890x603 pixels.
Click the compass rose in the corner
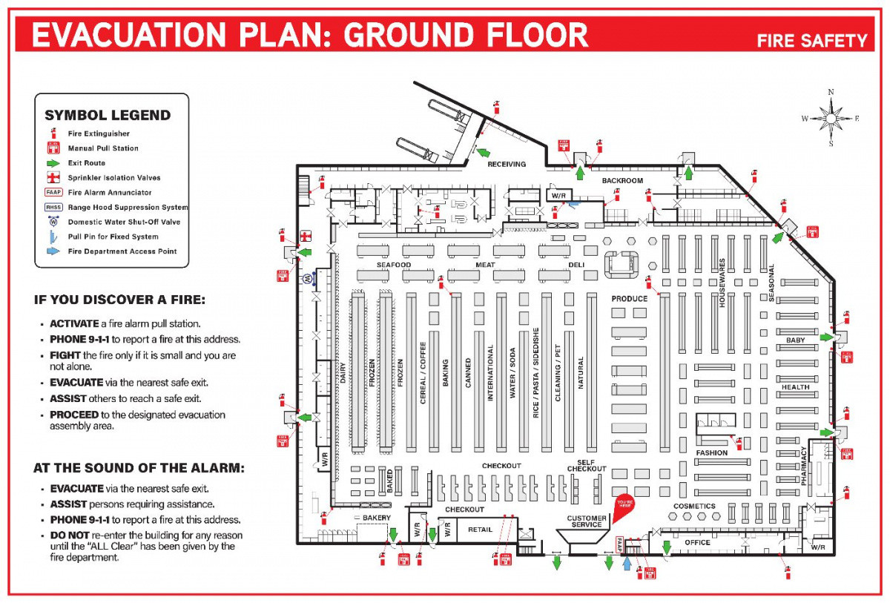pyautogui.click(x=831, y=118)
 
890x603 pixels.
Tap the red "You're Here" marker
pyautogui.click(x=625, y=504)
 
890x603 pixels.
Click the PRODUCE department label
pyautogui.click(x=629, y=299)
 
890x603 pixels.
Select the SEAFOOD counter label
pyautogui.click(x=393, y=265)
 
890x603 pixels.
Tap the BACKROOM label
pyautogui.click(x=622, y=181)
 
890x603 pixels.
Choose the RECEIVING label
pyautogui.click(x=506, y=165)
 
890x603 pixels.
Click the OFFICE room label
pyautogui.click(x=697, y=543)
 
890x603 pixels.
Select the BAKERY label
pyautogui.click(x=376, y=517)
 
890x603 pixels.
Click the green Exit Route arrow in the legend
pyautogui.click(x=53, y=163)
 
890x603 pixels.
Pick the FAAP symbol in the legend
pyautogui.click(x=53, y=192)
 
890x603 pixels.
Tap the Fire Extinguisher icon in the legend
pyautogui.click(x=53, y=134)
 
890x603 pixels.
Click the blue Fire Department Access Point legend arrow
pyautogui.click(x=53, y=251)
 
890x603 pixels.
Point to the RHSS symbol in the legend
pyautogui.click(x=53, y=207)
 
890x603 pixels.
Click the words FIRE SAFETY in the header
pyautogui.click(x=811, y=41)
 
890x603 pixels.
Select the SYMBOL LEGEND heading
pyautogui.click(x=108, y=115)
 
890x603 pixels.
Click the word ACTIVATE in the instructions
pyautogui.click(x=73, y=324)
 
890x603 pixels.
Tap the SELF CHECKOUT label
pyautogui.click(x=587, y=465)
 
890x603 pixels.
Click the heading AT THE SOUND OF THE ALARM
pyautogui.click(x=139, y=468)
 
